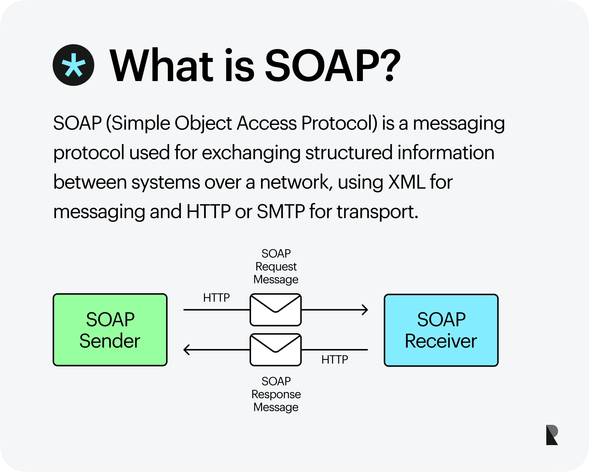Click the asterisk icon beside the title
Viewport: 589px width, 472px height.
[x=74, y=65]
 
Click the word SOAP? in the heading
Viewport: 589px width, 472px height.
[x=332, y=66]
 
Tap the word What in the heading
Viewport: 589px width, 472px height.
[x=162, y=66]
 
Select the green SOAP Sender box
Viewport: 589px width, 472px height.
[x=110, y=330]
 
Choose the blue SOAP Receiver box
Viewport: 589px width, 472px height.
[x=441, y=330]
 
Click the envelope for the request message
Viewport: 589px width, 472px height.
[x=276, y=310]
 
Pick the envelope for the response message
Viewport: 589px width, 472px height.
[x=276, y=350]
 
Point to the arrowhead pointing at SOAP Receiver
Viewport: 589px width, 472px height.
[x=365, y=310]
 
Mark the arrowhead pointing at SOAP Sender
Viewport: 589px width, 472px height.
[x=187, y=350]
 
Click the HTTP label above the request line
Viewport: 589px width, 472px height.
[x=216, y=298]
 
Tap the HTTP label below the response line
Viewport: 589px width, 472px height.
[x=335, y=360]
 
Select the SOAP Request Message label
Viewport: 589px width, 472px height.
[x=276, y=266]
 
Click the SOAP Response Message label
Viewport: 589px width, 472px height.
[x=276, y=394]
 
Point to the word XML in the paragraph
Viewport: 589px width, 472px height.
[x=406, y=182]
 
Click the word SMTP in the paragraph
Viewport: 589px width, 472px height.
[x=281, y=211]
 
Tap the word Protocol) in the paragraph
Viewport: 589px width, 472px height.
[x=339, y=123]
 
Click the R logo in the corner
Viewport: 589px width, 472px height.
[x=552, y=435]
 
